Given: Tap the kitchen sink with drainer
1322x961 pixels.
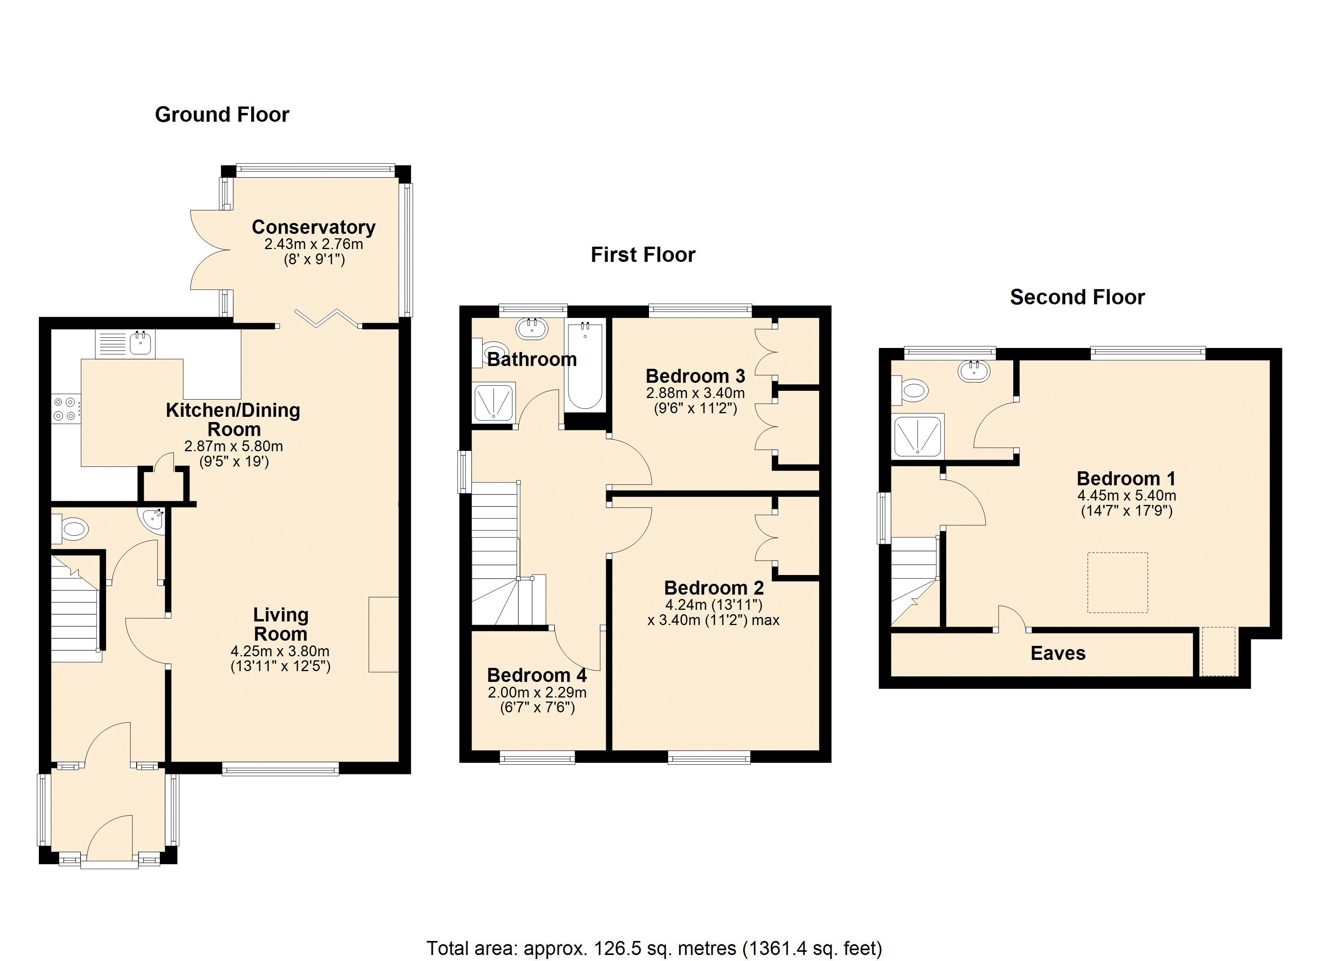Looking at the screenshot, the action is (125, 344).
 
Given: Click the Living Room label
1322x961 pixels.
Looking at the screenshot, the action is (280, 624).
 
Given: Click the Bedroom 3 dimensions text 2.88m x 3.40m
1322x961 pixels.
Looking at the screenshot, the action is (695, 393).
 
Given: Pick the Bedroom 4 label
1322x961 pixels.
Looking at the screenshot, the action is (537, 675).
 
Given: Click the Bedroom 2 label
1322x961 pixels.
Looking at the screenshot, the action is (713, 587).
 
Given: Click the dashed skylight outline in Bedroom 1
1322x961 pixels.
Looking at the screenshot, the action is (1117, 582).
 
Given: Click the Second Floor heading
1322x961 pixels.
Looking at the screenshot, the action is (1077, 297).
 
